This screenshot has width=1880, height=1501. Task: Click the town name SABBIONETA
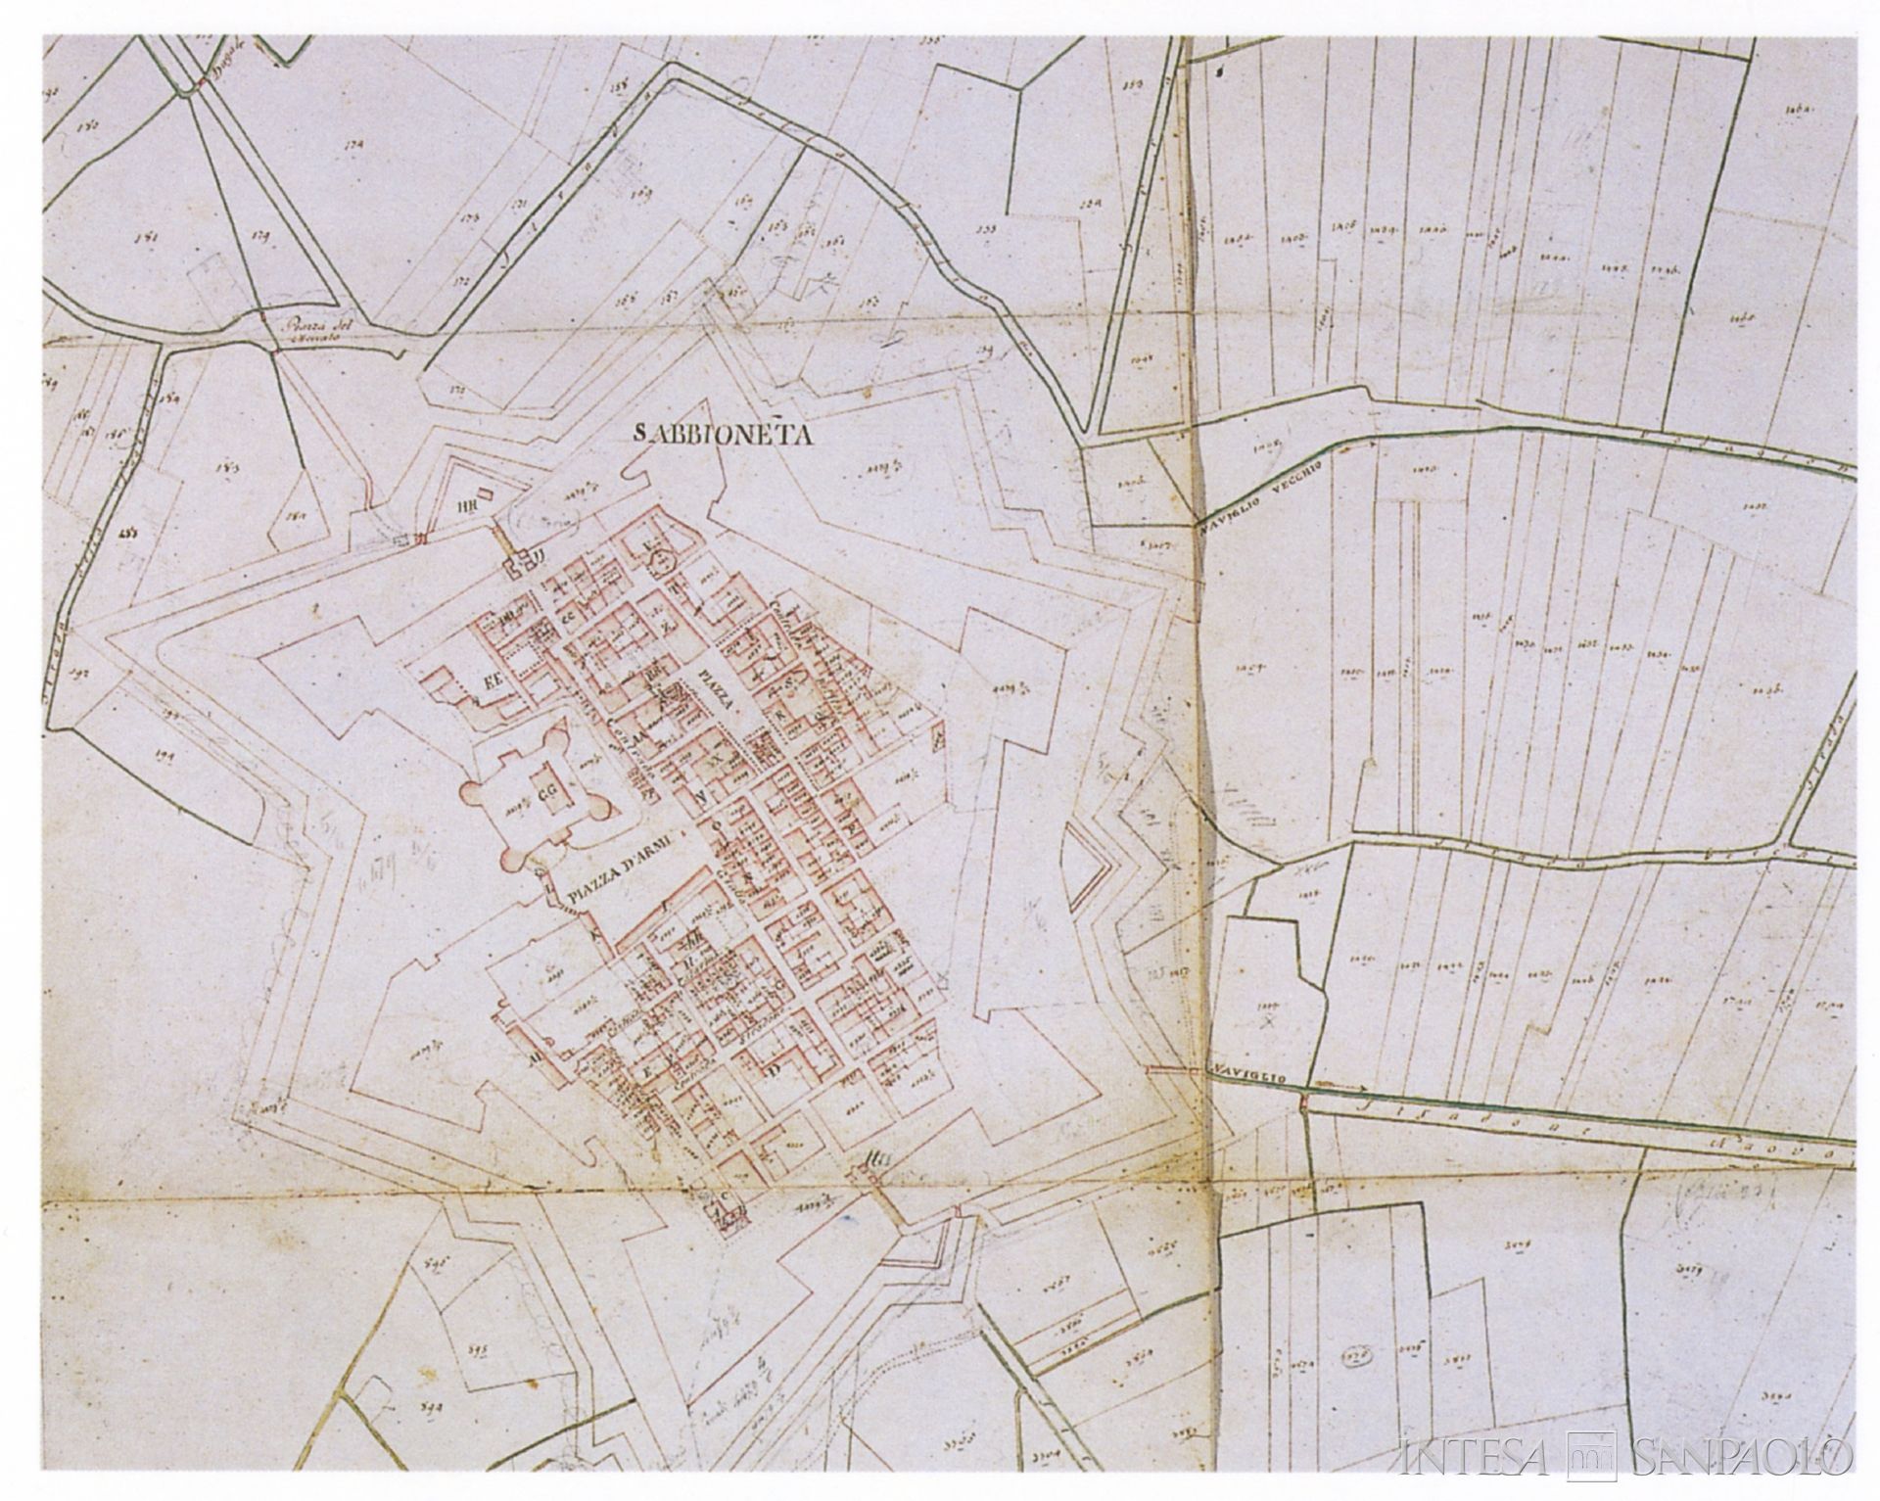tap(725, 435)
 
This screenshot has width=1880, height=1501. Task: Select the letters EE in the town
tap(487, 682)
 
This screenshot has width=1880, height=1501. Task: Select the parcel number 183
tap(232, 468)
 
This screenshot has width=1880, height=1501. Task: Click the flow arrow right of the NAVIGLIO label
tap(1339, 1085)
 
